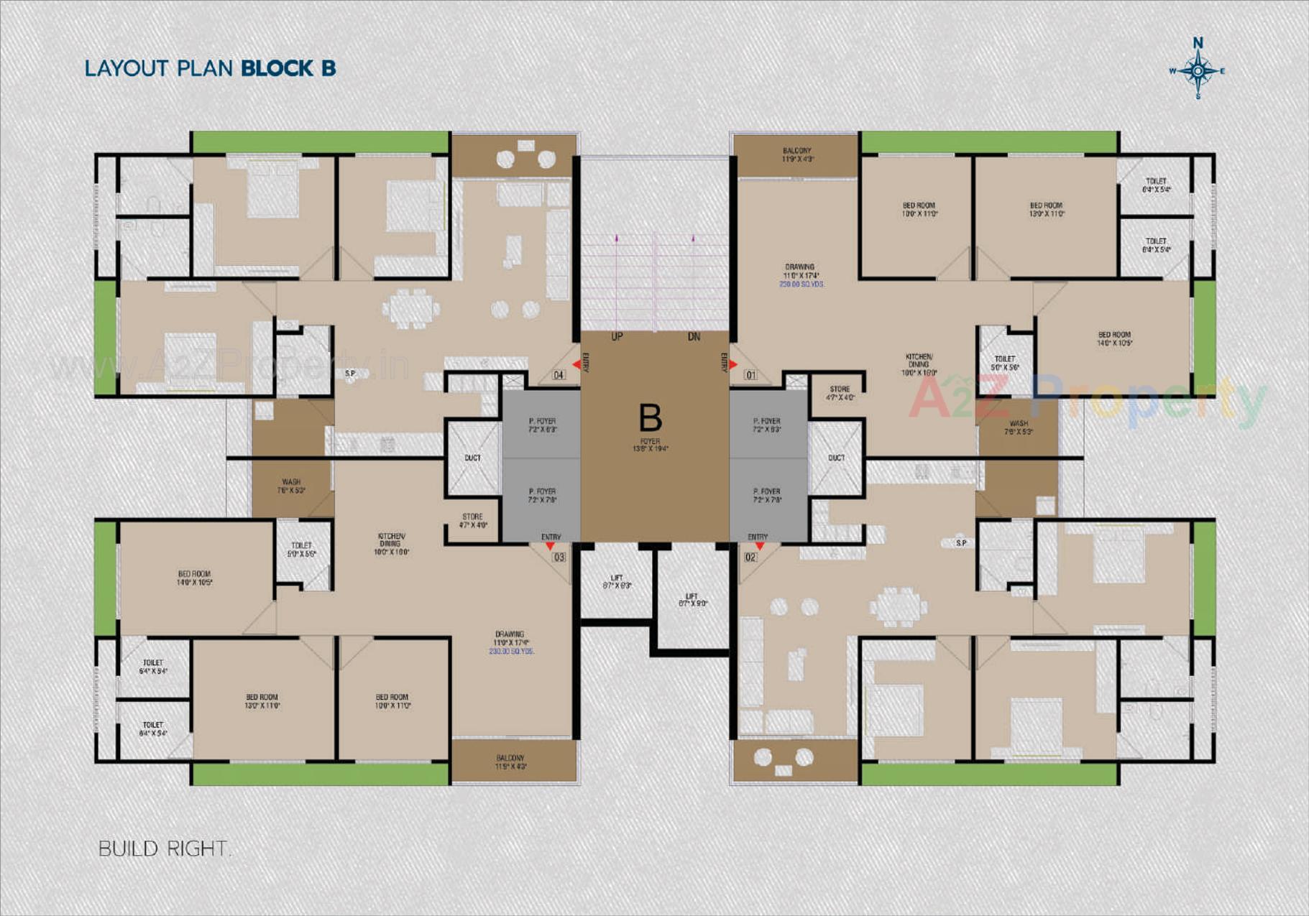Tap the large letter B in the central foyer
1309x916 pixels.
click(650, 417)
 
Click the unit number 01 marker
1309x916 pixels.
click(750, 375)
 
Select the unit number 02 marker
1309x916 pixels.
click(750, 557)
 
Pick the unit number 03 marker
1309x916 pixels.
click(559, 557)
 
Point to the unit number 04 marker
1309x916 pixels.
click(559, 375)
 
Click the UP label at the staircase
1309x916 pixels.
click(617, 336)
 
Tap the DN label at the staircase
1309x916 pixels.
click(694, 336)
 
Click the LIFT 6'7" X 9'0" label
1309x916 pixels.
click(692, 600)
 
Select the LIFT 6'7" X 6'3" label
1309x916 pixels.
click(617, 581)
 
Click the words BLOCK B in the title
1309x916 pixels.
click(288, 68)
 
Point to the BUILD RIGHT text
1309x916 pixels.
click(164, 848)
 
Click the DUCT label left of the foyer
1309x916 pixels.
click(472, 458)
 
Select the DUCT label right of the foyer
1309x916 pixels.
click(836, 458)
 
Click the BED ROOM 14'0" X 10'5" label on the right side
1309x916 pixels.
click(1114, 338)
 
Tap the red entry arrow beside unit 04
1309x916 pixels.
click(576, 365)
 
